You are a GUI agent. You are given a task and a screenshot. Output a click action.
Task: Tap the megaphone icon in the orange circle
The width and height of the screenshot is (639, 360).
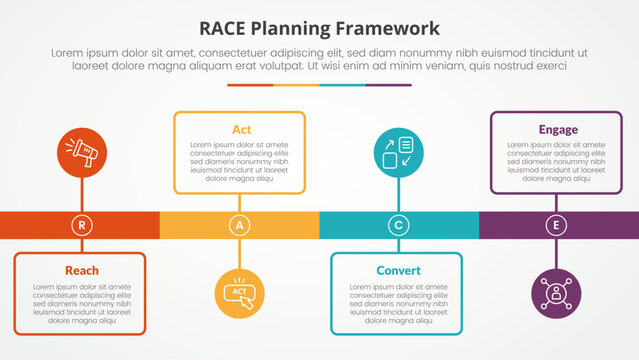tap(81, 153)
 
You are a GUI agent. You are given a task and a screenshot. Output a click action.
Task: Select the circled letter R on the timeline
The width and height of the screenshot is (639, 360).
tap(81, 226)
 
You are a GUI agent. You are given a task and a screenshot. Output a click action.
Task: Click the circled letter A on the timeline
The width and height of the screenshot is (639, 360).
tap(239, 226)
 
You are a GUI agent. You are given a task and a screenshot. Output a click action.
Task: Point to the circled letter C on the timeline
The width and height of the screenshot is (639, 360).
tap(398, 226)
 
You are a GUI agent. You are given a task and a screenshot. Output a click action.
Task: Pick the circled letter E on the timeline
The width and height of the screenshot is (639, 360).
tap(557, 226)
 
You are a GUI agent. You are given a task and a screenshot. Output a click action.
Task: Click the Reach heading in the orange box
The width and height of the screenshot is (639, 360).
tap(81, 271)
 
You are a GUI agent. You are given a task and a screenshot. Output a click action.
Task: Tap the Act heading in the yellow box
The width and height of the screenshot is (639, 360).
tap(240, 129)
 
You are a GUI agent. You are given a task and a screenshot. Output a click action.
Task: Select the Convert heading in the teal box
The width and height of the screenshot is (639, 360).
tap(398, 271)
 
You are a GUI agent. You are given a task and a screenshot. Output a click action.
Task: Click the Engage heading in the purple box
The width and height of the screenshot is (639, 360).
tap(557, 129)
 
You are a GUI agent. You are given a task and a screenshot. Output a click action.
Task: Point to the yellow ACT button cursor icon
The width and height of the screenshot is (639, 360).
tap(240, 294)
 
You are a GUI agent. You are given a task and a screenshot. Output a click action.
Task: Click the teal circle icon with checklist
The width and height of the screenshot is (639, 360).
tap(398, 153)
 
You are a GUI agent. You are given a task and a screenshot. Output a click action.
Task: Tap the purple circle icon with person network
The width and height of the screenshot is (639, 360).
tap(557, 294)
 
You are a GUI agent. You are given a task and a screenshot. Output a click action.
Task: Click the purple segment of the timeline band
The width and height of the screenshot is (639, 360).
tap(600, 226)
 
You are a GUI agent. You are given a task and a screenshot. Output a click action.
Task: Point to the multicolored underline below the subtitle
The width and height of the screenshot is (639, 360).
tap(319, 85)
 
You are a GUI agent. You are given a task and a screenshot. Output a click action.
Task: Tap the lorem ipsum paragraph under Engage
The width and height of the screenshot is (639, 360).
tap(557, 162)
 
